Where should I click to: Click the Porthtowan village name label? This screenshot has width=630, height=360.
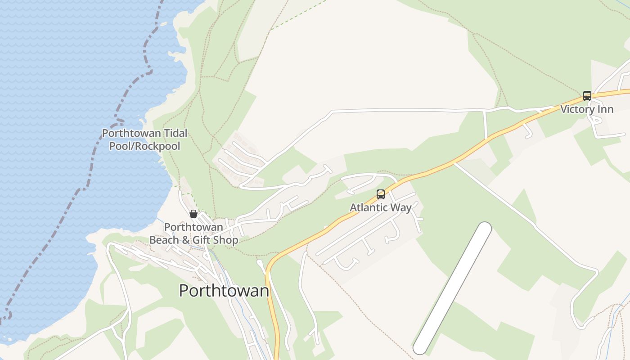coord(224,290)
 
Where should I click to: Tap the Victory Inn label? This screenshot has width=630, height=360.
coord(587,109)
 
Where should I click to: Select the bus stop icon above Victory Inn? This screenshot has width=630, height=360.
coord(587,95)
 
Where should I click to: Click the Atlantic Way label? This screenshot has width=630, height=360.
coord(381,207)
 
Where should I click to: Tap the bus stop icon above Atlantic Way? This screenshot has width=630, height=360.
coord(381,194)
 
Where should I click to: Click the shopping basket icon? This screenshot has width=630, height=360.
coord(193,214)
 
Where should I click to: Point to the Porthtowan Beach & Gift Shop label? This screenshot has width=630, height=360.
coord(193,234)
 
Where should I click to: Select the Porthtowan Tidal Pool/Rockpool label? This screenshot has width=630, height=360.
coord(144,139)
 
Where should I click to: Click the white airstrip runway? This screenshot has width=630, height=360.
coord(452,288)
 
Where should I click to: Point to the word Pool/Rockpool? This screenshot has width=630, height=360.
coord(144,146)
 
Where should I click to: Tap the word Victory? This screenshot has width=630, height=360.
coord(577,109)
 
